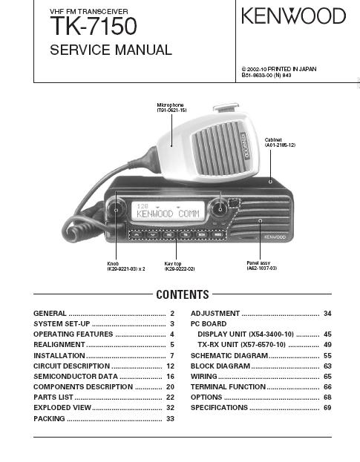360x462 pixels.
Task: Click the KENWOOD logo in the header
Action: (293, 16)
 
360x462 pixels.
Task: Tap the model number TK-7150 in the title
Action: (94, 26)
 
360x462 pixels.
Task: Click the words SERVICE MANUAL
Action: (111, 50)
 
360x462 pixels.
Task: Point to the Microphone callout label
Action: (171, 108)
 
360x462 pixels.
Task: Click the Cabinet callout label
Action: (280, 142)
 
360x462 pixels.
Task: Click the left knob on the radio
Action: (116, 209)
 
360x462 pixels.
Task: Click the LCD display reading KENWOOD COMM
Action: (168, 211)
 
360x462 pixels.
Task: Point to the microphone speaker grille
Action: (220, 148)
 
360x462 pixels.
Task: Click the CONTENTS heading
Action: (183, 294)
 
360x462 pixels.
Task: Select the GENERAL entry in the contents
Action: (50, 313)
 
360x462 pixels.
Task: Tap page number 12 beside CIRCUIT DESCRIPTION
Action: (171, 366)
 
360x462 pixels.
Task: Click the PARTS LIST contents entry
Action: (53, 397)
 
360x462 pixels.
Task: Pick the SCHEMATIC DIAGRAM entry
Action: (229, 356)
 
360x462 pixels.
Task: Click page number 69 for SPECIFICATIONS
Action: (327, 408)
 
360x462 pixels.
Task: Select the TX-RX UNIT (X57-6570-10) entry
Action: (241, 345)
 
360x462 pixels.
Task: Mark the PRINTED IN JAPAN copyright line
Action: (279, 69)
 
